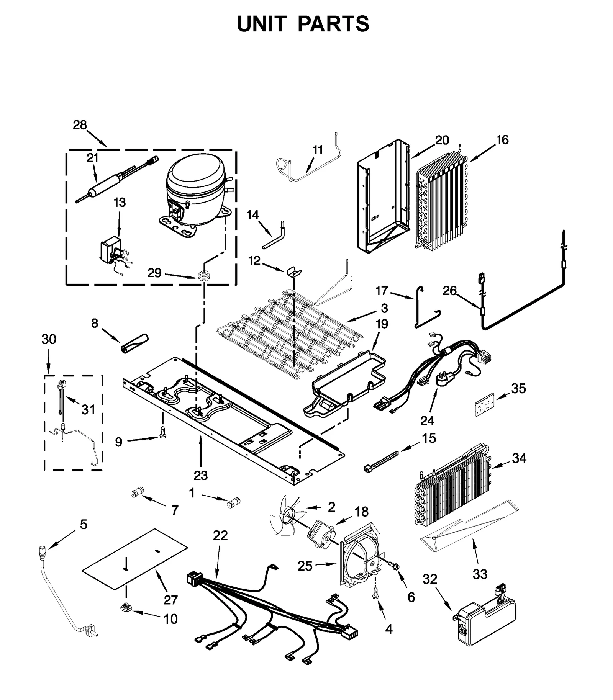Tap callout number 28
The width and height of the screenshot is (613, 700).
point(80,125)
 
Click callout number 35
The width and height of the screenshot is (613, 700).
point(518,388)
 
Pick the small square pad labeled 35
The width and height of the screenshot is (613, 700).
point(484,404)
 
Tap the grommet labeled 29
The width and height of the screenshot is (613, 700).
point(203,275)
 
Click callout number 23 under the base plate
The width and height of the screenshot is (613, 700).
point(200,475)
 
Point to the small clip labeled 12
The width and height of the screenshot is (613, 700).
point(293,271)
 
